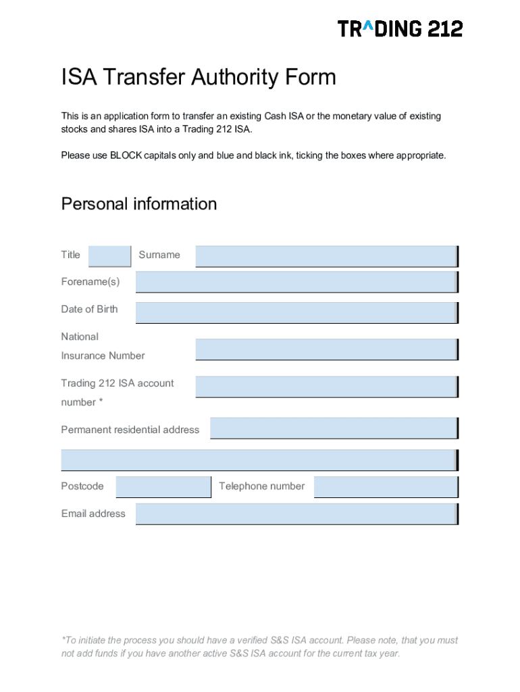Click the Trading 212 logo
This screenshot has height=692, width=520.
point(400,29)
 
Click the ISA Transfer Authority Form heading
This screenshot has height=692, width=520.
point(199,78)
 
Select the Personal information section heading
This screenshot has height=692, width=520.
point(139,204)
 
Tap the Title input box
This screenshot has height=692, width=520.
point(109,256)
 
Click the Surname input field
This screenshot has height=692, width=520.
point(326,256)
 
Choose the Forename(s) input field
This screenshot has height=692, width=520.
point(296,282)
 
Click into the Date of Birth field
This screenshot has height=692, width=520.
point(296,312)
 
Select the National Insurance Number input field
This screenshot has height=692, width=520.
point(326,349)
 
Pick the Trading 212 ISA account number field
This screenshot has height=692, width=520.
point(326,387)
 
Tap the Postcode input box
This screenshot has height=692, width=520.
point(163,487)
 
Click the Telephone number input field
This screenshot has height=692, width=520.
point(386,487)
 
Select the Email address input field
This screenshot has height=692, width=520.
point(296,514)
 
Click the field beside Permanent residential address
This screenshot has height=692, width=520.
point(334,428)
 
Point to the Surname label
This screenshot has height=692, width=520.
point(159,255)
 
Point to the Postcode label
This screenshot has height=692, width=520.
point(82,486)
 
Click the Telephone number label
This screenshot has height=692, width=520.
point(261,486)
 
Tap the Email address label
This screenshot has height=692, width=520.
point(93,514)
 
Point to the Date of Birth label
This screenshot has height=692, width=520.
point(89,310)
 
